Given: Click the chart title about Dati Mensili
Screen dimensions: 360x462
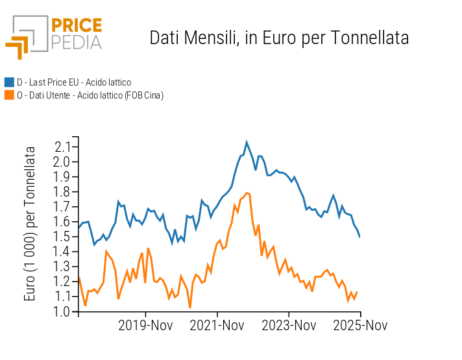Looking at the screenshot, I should click(x=279, y=38).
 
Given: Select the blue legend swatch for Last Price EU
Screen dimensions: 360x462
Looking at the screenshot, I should click(x=9, y=82).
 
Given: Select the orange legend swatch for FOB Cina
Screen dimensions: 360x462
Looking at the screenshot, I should click(x=9, y=95).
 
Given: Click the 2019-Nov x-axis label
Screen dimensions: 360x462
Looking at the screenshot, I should click(x=145, y=325).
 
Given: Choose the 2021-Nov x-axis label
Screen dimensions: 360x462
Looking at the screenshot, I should click(x=217, y=325).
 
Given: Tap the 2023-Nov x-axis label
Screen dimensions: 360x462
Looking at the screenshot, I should click(x=289, y=325).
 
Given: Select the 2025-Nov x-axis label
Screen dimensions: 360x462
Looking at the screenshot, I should click(x=361, y=325).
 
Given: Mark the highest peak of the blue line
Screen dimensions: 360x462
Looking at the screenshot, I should click(x=247, y=141).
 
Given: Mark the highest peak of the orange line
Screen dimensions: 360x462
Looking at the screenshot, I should click(x=247, y=193).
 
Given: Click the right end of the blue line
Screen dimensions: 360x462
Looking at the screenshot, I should click(x=360, y=237).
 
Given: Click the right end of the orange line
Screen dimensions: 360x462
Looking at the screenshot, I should click(x=357, y=292).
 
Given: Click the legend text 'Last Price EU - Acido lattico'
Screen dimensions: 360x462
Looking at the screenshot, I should click(x=74, y=82).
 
